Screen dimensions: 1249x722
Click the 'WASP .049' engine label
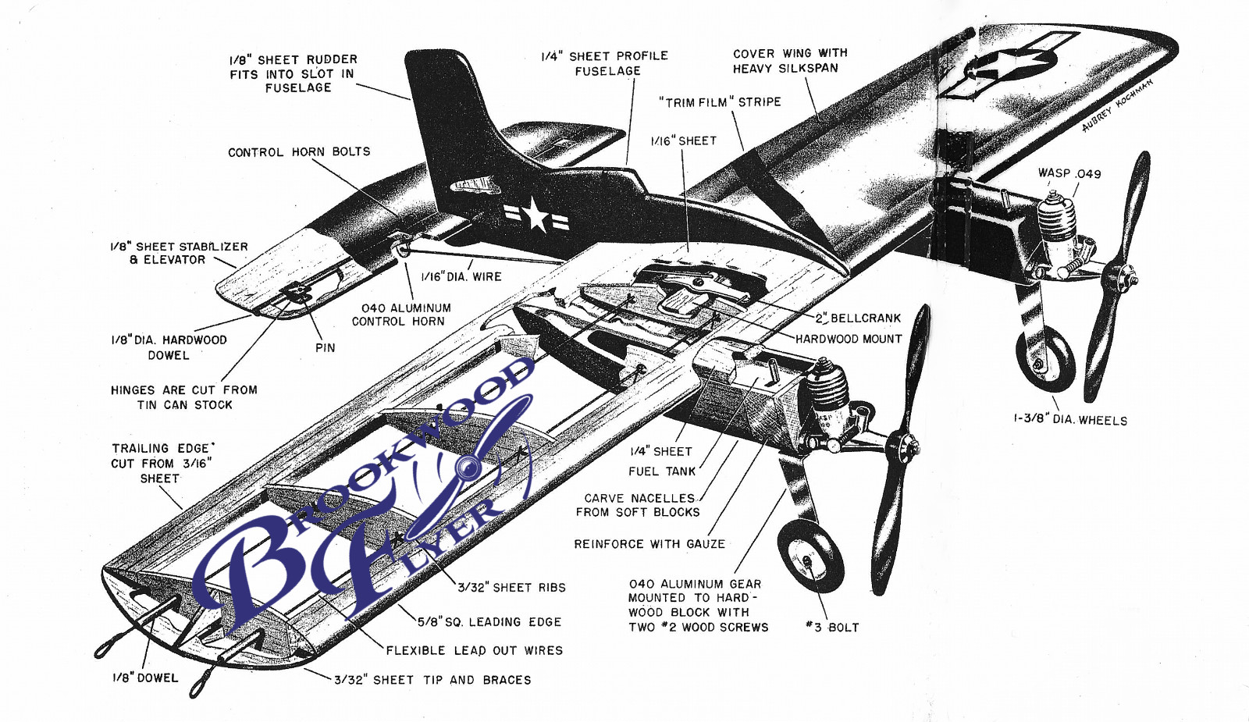[x=1069, y=173]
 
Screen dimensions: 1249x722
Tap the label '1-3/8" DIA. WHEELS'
[x=1070, y=420]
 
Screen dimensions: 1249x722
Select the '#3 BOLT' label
[x=832, y=628]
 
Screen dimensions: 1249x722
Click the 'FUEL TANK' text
[x=662, y=471]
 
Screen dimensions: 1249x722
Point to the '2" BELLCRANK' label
[x=858, y=318]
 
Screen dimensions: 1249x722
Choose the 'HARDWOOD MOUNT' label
[x=849, y=339]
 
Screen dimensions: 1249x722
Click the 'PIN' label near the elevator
[x=325, y=348]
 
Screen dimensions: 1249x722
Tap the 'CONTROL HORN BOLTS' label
[x=299, y=152]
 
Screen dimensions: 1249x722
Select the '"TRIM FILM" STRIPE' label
[x=720, y=102]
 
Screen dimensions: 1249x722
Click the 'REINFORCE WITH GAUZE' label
[x=649, y=544]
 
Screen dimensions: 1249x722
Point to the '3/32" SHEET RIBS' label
[x=511, y=588]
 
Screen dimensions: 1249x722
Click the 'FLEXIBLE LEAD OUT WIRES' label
[x=474, y=650]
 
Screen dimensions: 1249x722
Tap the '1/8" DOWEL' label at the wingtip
[x=145, y=678]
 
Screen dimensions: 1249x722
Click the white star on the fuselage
[x=536, y=215]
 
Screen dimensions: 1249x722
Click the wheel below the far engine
[x=1044, y=358]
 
